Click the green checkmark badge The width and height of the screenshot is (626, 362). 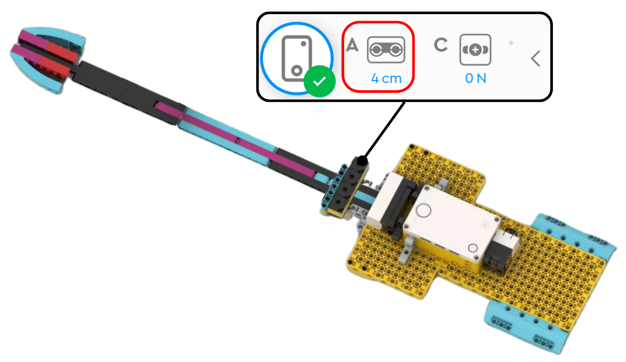(319, 81)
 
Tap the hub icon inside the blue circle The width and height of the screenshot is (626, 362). (297, 58)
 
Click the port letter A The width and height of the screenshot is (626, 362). (352, 45)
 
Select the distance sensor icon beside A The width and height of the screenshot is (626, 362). (386, 50)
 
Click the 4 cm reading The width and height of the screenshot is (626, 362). (386, 79)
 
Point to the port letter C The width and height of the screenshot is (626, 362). (441, 45)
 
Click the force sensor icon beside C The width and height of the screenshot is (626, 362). (475, 50)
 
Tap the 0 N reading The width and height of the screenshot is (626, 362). (475, 79)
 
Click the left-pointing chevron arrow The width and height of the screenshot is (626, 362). (536, 59)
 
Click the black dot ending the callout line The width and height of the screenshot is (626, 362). (362, 161)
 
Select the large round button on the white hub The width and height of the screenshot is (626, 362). (424, 210)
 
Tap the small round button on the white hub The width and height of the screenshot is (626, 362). (473, 248)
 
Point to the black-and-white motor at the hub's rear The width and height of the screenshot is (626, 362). (502, 249)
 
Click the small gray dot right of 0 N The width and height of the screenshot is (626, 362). (511, 43)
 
